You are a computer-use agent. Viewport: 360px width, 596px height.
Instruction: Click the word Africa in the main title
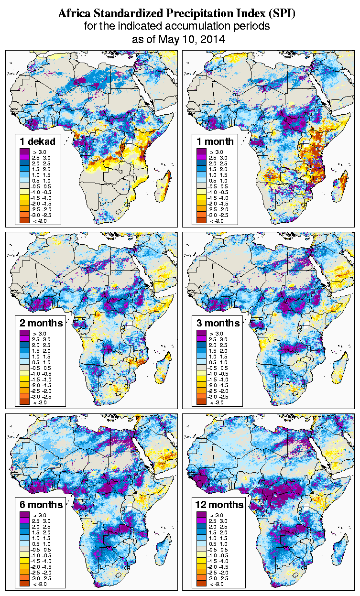point(73,14)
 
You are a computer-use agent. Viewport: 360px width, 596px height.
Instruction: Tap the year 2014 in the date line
point(212,39)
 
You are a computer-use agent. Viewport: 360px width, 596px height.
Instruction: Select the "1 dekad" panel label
point(38,141)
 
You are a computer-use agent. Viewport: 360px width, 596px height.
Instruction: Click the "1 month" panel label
point(215,141)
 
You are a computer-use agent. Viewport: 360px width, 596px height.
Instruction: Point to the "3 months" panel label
point(218,323)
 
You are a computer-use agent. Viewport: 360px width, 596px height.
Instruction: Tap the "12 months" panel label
point(219,505)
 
